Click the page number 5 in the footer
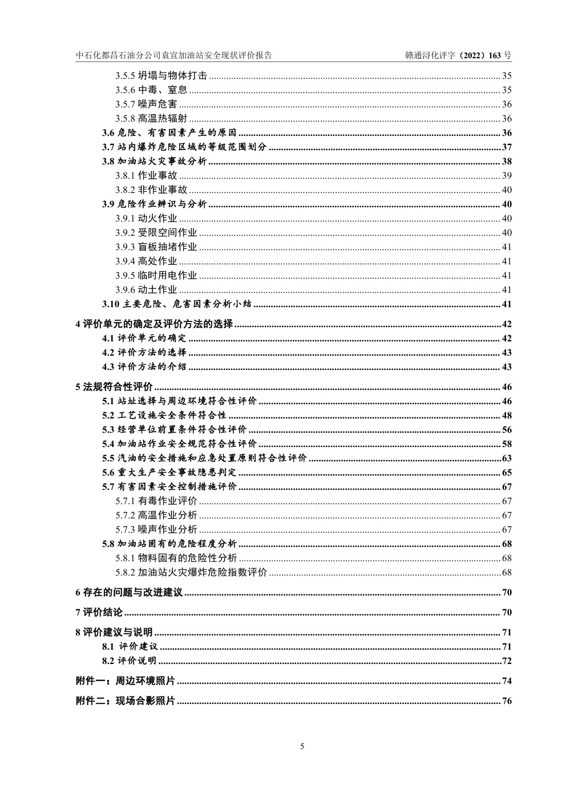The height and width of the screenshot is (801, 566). pos(302,746)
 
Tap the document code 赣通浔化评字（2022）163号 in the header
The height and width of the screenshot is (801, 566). pos(458,55)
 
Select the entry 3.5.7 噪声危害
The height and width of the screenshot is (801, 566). pos(146,104)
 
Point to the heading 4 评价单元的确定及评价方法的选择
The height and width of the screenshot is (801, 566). pos(154,324)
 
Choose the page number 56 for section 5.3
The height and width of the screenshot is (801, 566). pos(507,430)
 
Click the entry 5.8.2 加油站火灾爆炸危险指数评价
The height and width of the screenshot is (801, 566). pos(191,573)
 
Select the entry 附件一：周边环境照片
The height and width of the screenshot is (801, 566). pos(125,681)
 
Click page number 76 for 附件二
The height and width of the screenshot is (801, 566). pos(507,701)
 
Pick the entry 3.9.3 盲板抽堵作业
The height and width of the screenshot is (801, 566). pos(156,247)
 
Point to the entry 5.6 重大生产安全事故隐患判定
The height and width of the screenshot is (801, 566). pos(169,473)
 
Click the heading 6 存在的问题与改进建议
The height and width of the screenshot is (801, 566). pos(129,593)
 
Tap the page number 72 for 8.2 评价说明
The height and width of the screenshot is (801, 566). pos(507,661)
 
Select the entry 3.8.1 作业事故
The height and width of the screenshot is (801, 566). pos(146,176)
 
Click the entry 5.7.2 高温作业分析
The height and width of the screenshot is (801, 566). pos(156,516)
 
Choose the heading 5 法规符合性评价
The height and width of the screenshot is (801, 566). pos(114,387)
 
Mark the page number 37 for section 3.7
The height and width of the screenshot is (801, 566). pos(507,147)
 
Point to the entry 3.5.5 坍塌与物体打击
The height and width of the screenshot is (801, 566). pos(161,76)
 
